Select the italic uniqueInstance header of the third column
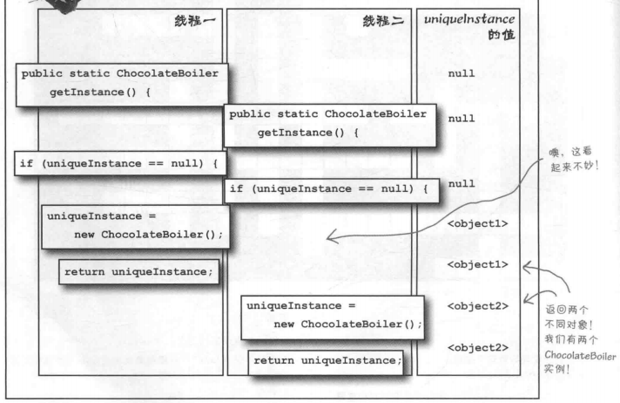(468, 18)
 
